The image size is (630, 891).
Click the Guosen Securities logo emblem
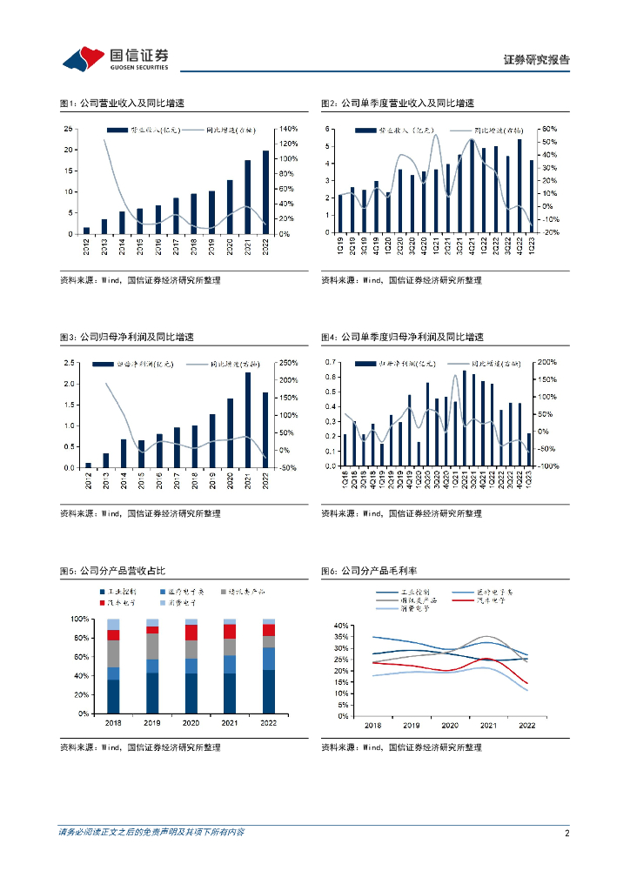(83, 57)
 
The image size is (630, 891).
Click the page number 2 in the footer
(566, 833)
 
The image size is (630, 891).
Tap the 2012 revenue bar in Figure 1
(86, 230)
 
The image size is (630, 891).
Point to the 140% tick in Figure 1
(288, 129)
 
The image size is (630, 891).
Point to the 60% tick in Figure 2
(549, 129)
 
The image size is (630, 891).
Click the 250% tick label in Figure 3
(288, 363)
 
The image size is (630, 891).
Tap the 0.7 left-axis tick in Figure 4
(330, 361)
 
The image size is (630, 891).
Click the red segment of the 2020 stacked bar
(191, 633)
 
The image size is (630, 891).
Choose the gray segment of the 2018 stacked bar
(113, 653)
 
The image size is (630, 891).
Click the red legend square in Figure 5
(102, 601)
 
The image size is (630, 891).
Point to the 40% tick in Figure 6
(340, 626)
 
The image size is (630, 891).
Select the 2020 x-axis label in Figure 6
(450, 725)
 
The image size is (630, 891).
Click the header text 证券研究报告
(537, 60)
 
